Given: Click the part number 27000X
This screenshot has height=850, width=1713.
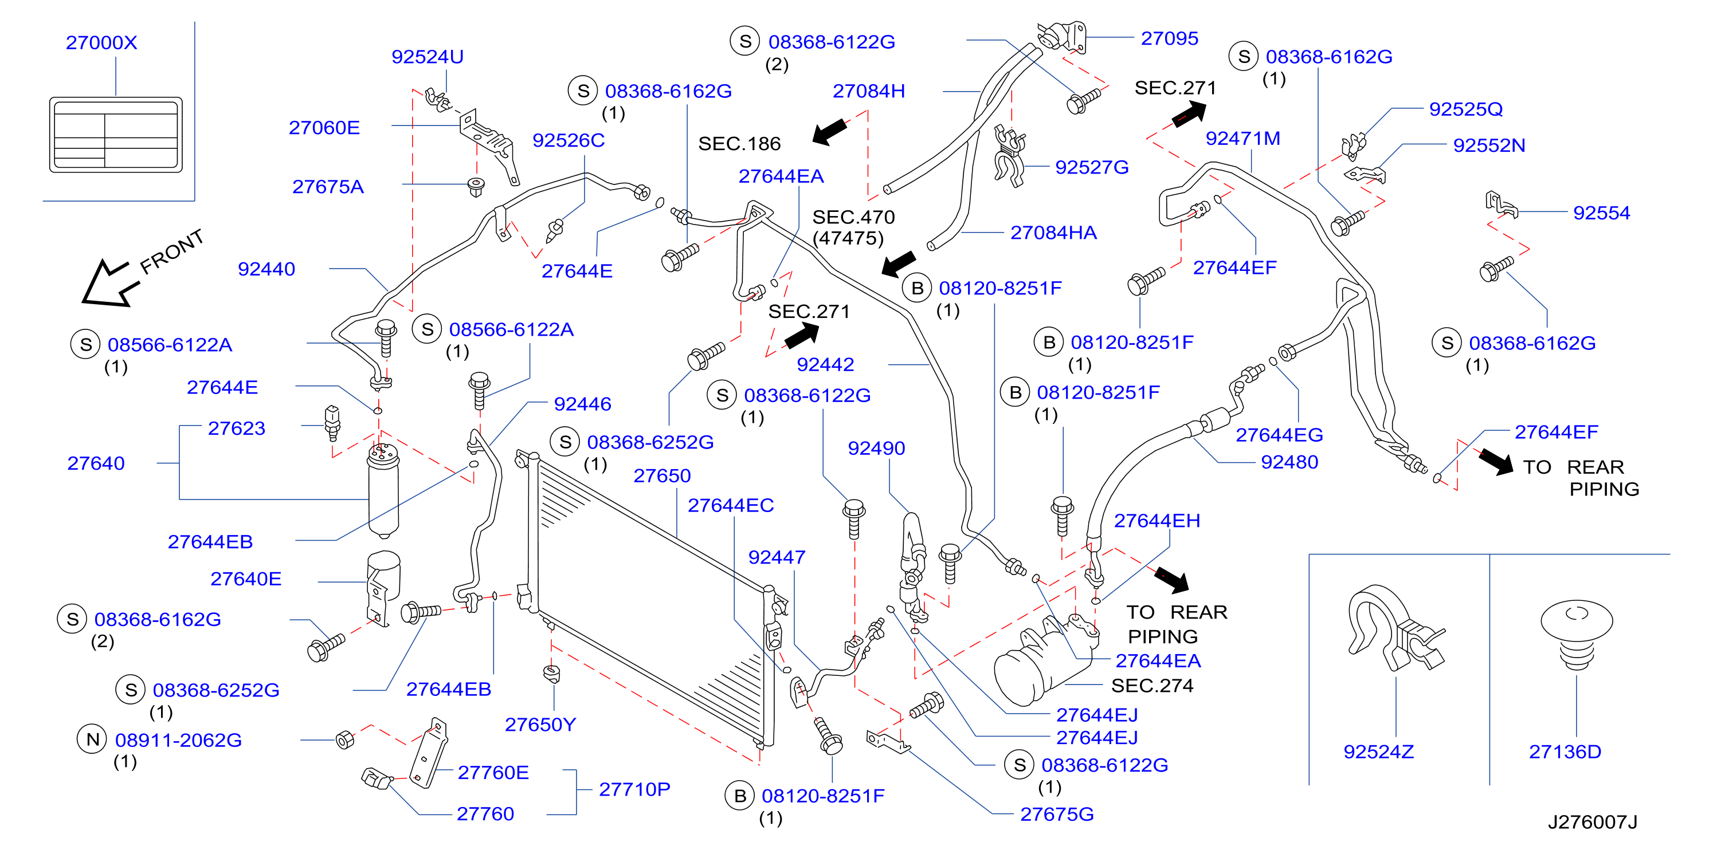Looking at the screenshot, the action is tap(101, 42).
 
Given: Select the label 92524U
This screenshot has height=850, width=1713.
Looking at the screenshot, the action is tap(428, 57).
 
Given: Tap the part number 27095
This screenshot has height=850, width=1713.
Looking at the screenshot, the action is tap(1170, 38).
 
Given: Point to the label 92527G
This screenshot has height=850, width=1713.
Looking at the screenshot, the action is tap(1092, 167).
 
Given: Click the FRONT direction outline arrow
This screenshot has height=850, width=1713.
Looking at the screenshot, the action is tap(109, 282).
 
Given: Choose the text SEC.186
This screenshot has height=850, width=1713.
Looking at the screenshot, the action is tap(739, 144).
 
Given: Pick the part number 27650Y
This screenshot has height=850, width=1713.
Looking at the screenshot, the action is tap(540, 725).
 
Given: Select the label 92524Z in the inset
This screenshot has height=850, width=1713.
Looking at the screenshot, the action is tap(1378, 751).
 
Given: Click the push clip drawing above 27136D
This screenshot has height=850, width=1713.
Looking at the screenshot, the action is tap(1577, 635).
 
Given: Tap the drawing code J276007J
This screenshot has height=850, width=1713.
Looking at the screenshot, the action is tap(1593, 822).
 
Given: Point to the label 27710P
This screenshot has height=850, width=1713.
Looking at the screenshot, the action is tap(634, 789).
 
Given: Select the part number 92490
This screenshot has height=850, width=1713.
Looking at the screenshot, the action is tap(876, 448).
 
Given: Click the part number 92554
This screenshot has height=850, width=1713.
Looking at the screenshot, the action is tap(1601, 213).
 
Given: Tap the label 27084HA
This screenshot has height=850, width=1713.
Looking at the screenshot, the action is tap(1053, 233).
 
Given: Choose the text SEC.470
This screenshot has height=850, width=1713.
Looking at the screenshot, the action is tap(854, 217).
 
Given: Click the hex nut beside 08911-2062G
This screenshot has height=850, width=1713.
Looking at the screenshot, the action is tap(345, 739).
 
